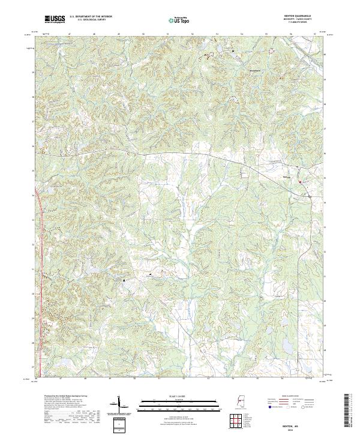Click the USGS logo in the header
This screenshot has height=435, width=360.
pos(55,19)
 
